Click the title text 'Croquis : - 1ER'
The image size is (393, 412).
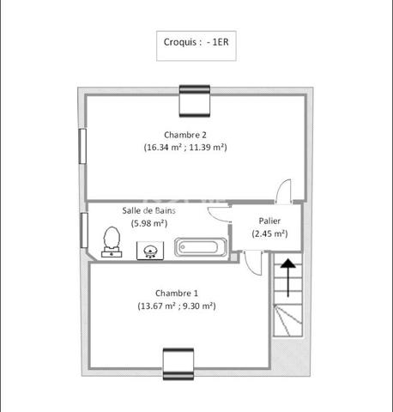tap(196, 42)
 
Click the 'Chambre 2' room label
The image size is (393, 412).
tap(185, 135)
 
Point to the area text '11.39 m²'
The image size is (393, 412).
tap(207, 147)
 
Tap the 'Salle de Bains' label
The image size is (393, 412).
tap(148, 210)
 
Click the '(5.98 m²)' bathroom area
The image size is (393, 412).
tap(149, 223)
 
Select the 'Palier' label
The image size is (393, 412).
tap(269, 221)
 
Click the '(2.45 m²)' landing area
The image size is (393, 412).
tap(269, 233)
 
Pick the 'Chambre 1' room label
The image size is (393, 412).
tap(177, 294)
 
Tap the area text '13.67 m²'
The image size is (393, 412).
tap(157, 306)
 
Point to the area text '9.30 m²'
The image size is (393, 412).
tap(197, 306)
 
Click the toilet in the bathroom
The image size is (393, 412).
tap(112, 242)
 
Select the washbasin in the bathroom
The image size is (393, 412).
tap(150, 251)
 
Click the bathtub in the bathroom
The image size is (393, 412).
tap(201, 247)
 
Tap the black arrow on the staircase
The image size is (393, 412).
tap(287, 277)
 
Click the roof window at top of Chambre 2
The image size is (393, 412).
tap(195, 101)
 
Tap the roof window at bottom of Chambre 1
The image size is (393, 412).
tap(178, 364)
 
